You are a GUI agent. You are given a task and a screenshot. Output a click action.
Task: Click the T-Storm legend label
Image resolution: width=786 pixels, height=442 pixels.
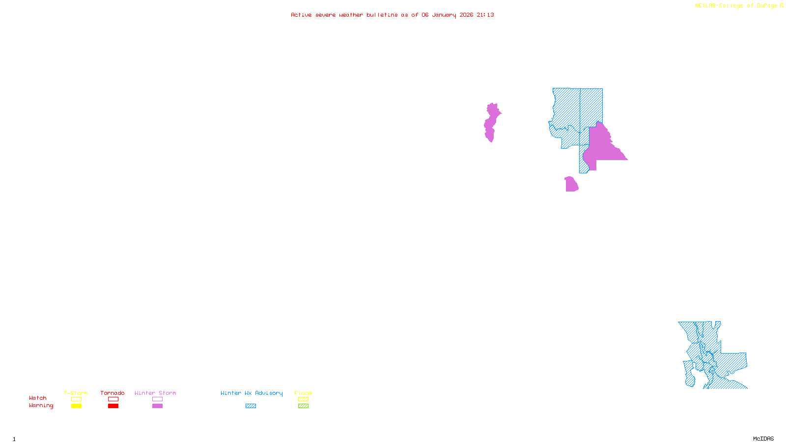click(x=76, y=393)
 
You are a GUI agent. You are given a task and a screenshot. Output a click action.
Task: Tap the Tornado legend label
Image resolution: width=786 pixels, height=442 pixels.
click(x=112, y=393)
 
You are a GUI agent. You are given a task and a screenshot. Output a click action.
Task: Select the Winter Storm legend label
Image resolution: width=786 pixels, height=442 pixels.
click(x=155, y=393)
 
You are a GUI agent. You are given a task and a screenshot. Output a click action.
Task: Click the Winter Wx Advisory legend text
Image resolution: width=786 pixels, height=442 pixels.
click(x=252, y=393)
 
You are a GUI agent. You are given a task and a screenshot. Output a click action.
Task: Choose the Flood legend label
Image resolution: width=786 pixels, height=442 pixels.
click(x=303, y=393)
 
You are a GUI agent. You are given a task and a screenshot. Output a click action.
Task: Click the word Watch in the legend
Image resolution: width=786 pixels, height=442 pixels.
click(x=38, y=398)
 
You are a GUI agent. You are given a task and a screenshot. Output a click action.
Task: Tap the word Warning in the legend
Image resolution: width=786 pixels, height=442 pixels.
click(x=41, y=406)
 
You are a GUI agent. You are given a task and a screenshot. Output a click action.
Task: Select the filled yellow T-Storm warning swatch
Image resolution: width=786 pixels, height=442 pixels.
click(x=76, y=406)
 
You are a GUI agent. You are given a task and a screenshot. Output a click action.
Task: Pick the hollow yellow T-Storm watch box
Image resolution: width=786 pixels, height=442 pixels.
click(x=76, y=399)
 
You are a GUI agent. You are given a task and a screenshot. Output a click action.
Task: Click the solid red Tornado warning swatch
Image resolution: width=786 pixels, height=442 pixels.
click(x=113, y=406)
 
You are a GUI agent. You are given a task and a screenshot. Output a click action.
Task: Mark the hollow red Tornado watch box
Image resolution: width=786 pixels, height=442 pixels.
click(x=113, y=399)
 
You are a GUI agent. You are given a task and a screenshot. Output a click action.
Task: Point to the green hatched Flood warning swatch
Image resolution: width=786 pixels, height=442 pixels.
click(x=304, y=406)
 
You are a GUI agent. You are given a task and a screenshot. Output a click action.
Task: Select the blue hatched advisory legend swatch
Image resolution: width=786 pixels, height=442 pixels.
click(x=251, y=406)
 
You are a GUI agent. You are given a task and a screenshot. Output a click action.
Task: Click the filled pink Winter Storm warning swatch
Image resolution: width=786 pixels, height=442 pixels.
click(x=157, y=406)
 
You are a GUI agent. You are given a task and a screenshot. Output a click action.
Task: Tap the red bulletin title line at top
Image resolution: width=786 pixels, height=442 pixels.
click(x=392, y=15)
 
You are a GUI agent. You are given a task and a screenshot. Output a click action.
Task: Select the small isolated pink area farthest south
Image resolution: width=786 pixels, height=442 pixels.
click(x=571, y=185)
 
